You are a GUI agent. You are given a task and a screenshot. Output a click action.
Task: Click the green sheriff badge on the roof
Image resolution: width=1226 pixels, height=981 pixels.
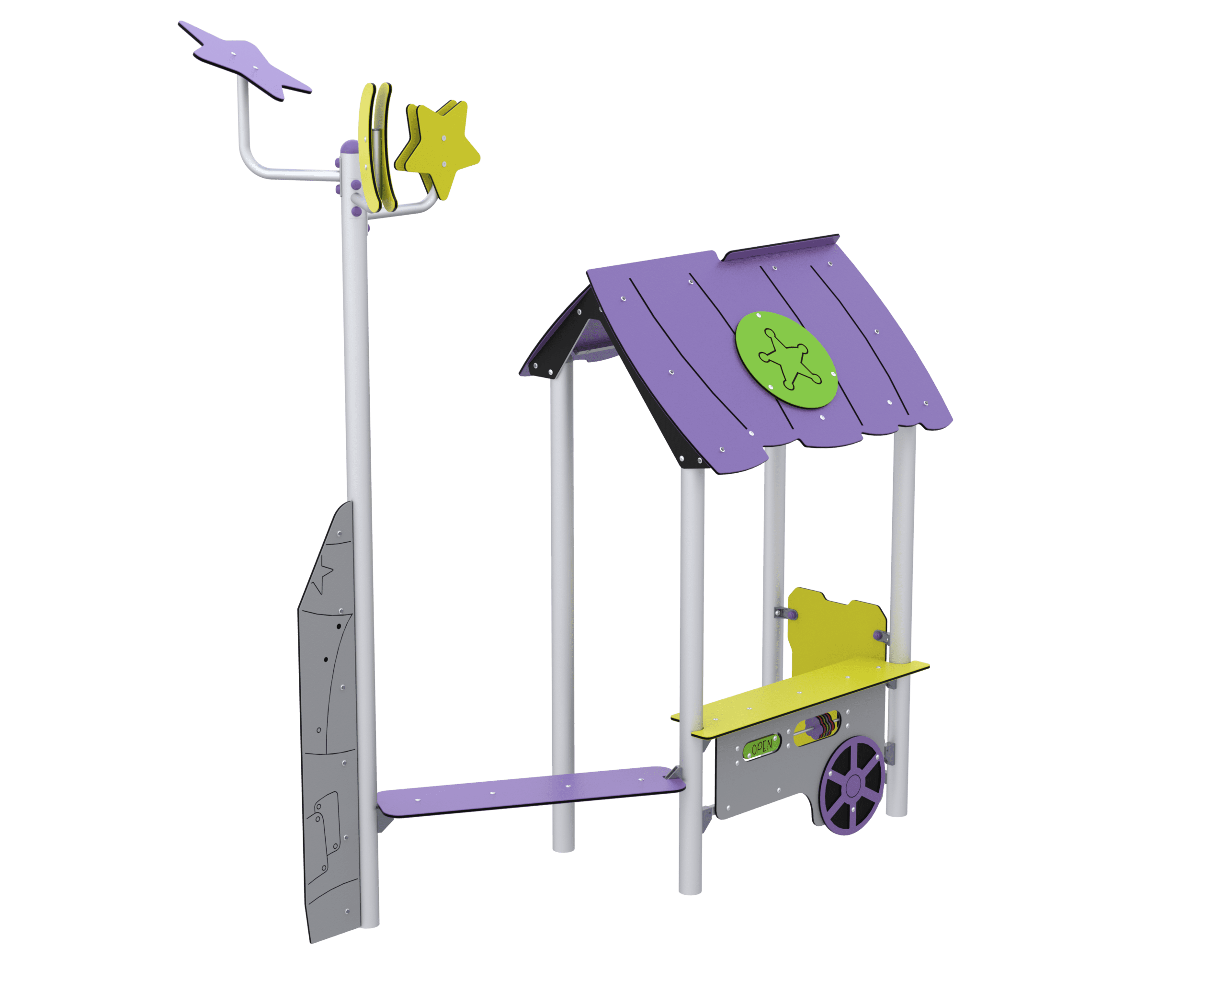(x=786, y=359)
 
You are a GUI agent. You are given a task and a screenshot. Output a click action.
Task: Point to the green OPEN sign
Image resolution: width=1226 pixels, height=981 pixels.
(x=761, y=745)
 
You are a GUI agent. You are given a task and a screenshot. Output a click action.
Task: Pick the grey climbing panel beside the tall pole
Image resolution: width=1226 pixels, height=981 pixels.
(x=330, y=722)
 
